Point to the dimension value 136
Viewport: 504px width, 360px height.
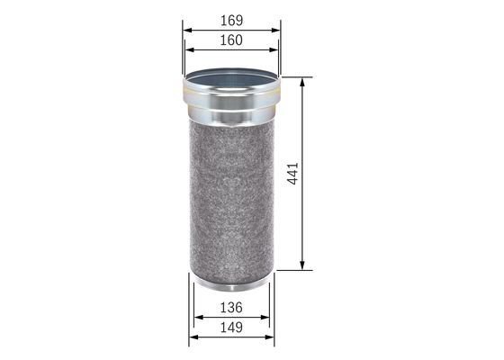click(x=231, y=307)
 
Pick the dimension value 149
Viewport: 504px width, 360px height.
click(x=231, y=329)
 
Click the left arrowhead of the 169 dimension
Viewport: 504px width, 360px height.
click(x=185, y=30)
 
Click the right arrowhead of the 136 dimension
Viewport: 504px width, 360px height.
click(x=266, y=318)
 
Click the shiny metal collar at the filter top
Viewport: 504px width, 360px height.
click(x=231, y=106)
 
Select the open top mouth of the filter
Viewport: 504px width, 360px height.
click(x=231, y=84)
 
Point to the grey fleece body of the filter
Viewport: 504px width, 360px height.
click(x=231, y=198)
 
